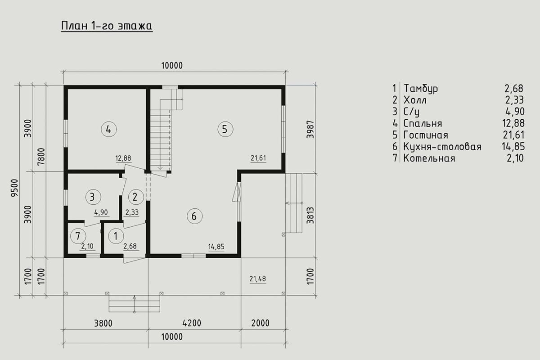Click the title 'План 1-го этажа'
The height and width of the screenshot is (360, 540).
[107, 26]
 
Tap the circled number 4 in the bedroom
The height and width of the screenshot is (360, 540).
[109, 130]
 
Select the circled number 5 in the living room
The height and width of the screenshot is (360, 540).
[225, 129]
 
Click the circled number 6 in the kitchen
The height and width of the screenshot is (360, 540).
[194, 216]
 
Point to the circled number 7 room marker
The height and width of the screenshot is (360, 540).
[78, 236]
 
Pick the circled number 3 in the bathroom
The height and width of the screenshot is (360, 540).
[93, 197]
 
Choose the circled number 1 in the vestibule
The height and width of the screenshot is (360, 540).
[116, 236]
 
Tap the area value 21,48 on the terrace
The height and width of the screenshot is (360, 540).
[257, 279]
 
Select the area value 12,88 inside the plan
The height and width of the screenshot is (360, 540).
[123, 158]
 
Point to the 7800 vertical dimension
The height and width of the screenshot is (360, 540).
[41, 156]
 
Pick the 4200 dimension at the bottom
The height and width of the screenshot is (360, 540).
[192, 323]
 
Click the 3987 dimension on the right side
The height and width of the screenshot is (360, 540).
[310, 129]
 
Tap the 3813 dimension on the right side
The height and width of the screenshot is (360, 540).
[310, 215]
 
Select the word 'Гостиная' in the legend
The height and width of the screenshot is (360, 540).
[426, 135]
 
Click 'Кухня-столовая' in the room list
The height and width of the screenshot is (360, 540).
[442, 147]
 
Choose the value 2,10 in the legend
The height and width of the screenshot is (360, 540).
[515, 158]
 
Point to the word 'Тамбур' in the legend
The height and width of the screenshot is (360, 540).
[421, 89]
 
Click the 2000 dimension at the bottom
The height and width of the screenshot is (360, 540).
[261, 323]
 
